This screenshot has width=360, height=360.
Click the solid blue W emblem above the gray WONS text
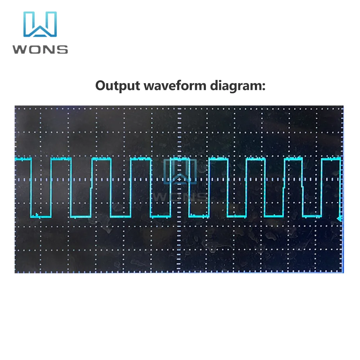point(40,24)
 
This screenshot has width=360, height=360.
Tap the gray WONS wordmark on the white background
point(40,49)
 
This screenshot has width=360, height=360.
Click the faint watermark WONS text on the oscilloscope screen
point(180,197)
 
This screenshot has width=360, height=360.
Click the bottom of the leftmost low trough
point(43,217)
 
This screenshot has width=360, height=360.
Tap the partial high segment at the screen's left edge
point(23,158)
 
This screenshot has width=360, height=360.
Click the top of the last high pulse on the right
point(331,158)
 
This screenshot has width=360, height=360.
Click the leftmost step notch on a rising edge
point(91,187)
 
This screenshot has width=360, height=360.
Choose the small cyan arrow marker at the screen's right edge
point(340,219)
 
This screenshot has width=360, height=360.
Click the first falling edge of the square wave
point(31,187)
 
